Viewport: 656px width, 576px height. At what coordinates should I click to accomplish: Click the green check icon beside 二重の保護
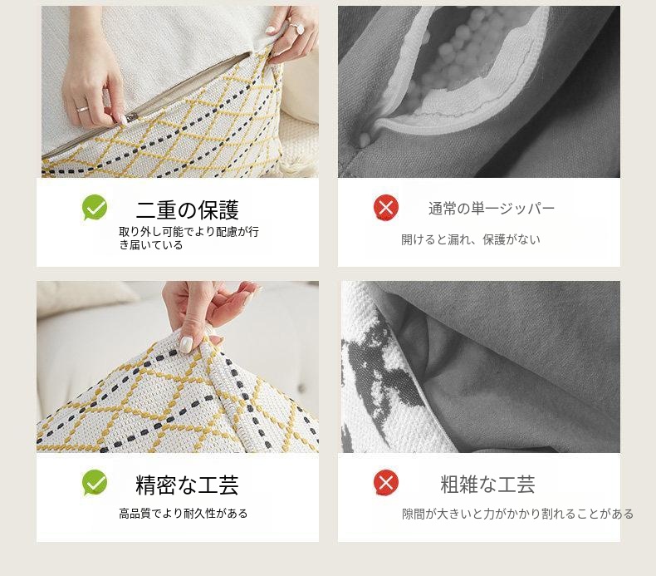tap(95, 207)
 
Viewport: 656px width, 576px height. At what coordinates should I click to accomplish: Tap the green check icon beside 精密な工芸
tap(95, 482)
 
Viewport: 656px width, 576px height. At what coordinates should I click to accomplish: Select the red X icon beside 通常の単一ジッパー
tap(386, 208)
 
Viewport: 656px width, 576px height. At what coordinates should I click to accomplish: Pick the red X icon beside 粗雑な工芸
tap(386, 483)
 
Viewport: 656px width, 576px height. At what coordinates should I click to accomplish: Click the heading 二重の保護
tap(188, 210)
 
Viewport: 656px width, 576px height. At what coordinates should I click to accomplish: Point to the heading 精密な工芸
tap(188, 485)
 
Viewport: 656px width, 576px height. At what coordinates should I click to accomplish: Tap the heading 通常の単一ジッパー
tap(491, 208)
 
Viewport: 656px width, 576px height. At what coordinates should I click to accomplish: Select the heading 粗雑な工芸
tap(487, 485)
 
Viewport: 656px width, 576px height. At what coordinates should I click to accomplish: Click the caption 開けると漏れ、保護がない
tap(471, 239)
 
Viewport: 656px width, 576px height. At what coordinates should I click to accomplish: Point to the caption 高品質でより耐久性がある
tap(184, 513)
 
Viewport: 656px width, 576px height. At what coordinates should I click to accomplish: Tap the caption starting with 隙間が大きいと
tap(518, 514)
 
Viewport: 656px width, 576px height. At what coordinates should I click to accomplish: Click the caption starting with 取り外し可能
tap(188, 238)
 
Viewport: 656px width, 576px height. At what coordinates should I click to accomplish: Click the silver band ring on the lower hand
tap(82, 110)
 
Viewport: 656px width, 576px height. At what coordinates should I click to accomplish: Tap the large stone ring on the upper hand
tap(299, 27)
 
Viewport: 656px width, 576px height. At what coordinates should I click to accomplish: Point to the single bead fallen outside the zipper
tap(364, 140)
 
